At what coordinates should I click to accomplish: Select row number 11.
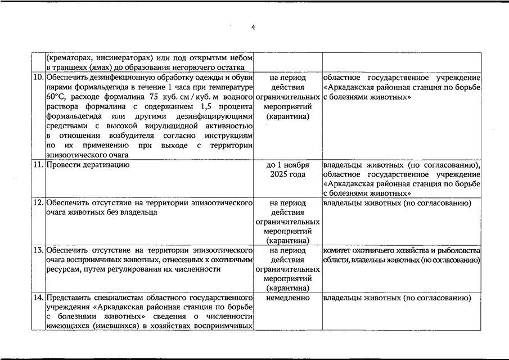click(39, 165)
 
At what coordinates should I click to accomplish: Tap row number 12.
click(39, 203)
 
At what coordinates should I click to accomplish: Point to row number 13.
click(39, 250)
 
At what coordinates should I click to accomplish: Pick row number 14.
click(39, 298)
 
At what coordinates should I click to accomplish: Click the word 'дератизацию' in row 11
click(103, 165)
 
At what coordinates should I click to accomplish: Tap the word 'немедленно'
click(287, 298)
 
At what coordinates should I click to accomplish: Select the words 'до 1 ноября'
click(287, 165)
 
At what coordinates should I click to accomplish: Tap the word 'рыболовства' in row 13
click(459, 250)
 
